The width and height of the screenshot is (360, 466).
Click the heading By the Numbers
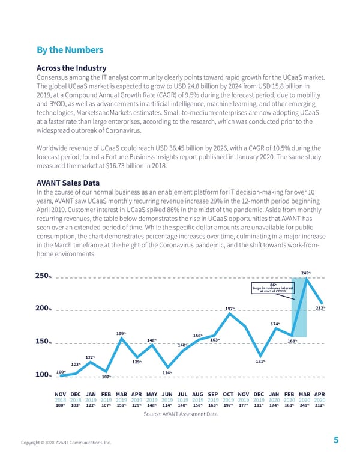click(70, 50)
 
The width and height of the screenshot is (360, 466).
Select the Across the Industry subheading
click(71, 68)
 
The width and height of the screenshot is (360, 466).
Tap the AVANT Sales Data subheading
click(68, 183)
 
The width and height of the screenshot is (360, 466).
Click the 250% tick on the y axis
click(43, 276)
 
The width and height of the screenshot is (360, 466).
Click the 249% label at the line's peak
click(305, 273)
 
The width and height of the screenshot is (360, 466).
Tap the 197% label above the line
click(229, 309)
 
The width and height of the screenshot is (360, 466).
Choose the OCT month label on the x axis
click(228, 394)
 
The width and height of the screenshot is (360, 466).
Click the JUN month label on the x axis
click(167, 394)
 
